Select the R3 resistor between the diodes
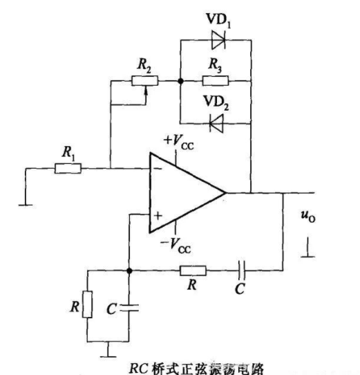click(x=212, y=81)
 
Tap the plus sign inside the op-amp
click(x=158, y=216)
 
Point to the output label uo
click(x=309, y=219)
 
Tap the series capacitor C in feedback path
click(x=240, y=271)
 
